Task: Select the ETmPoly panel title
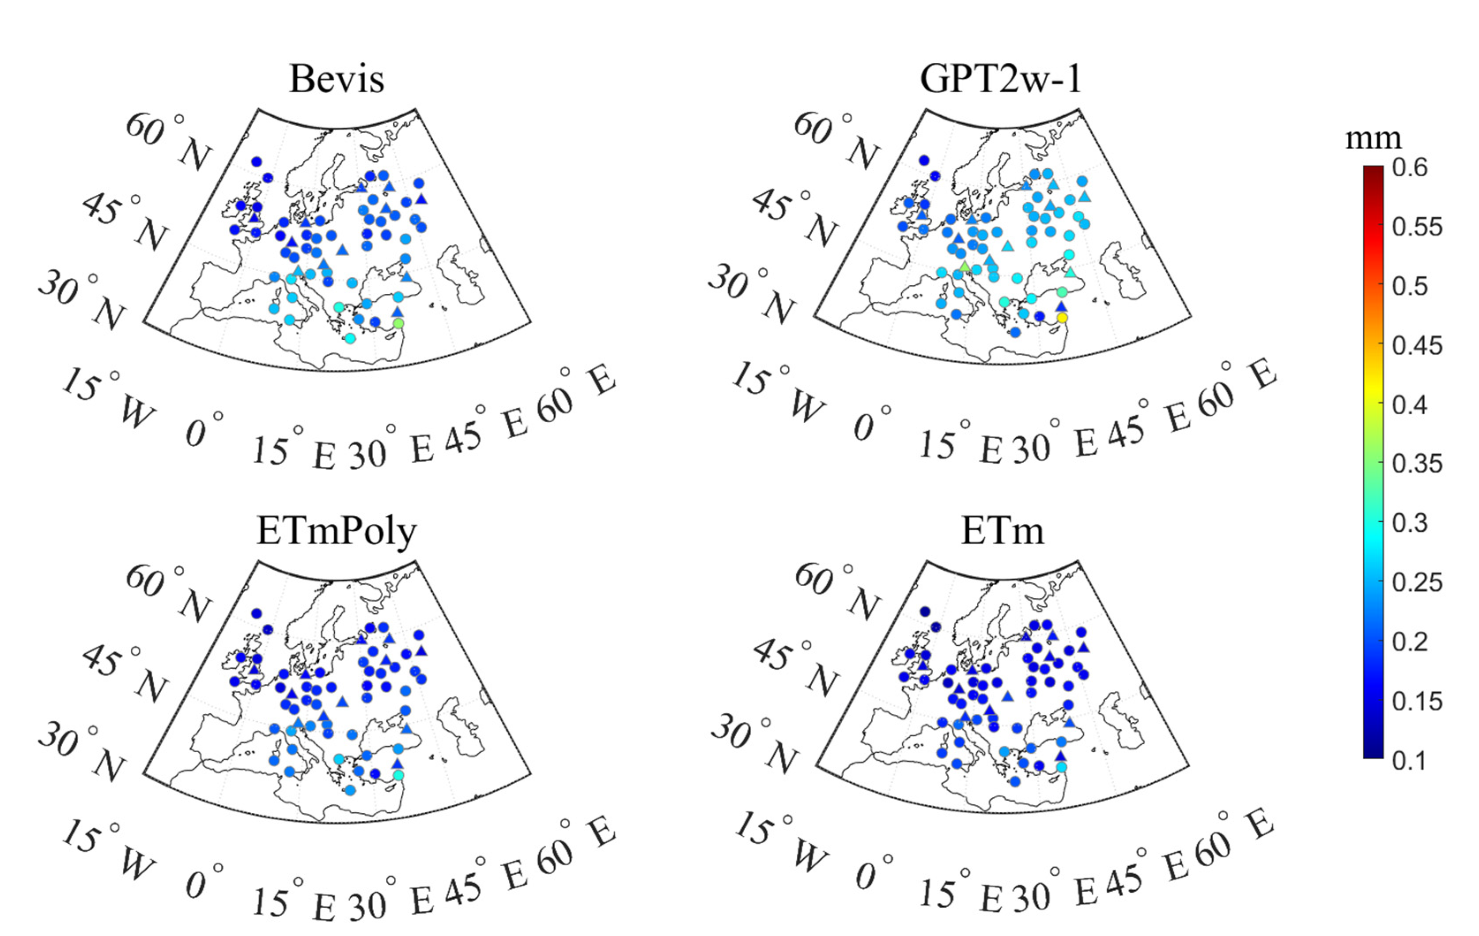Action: [x=337, y=531]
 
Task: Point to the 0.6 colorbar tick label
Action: [x=1410, y=168]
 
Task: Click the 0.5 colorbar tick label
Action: [x=1410, y=286]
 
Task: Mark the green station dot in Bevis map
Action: [x=399, y=323]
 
